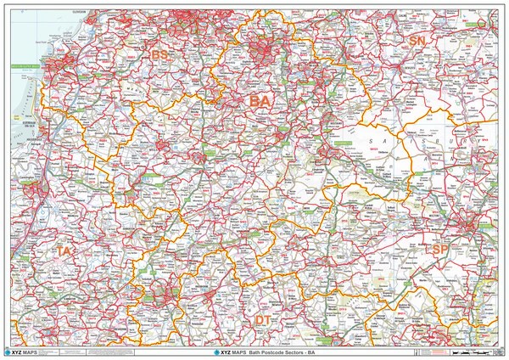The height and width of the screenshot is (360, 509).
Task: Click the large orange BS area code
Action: [159, 55]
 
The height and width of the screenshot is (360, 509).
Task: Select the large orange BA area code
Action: [260, 102]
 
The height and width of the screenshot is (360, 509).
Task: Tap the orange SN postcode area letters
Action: [417, 41]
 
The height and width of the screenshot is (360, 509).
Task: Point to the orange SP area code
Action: [440, 250]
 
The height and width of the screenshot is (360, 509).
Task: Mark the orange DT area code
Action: [264, 318]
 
